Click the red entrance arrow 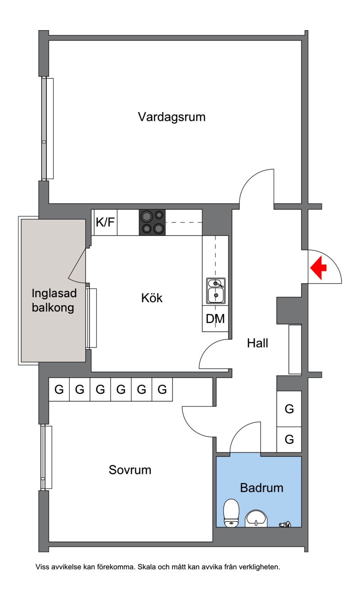[319, 267]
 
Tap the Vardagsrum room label [172, 117]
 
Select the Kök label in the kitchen [152, 298]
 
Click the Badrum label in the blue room [261, 488]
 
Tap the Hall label [257, 343]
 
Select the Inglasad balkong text [54, 300]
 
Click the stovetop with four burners [152, 222]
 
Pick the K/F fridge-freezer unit [105, 222]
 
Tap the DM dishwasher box [215, 319]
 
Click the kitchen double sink [216, 291]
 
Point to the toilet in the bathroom [231, 513]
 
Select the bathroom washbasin [256, 518]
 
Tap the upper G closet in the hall [289, 409]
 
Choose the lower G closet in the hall [289, 439]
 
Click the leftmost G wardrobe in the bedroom [59, 389]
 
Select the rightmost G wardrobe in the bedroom [162, 389]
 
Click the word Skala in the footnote [147, 567]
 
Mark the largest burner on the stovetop [146, 216]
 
